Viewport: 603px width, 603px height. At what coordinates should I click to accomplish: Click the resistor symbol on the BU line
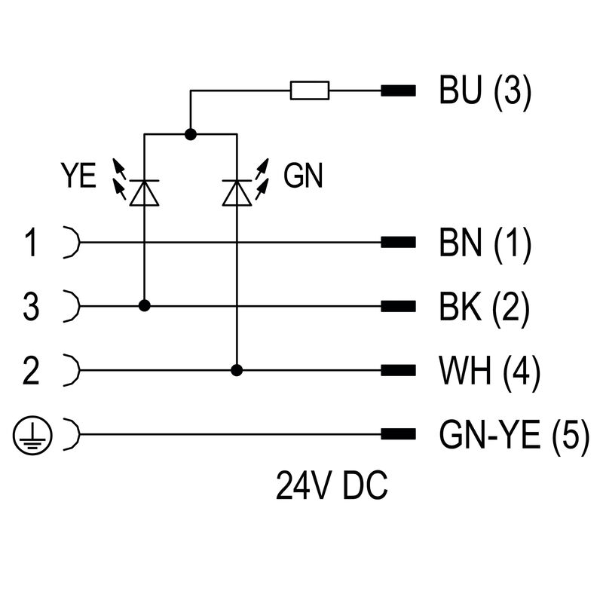coord(310,91)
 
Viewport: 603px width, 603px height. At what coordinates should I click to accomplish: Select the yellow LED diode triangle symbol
coord(143,193)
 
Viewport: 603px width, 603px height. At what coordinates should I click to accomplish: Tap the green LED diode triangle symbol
coord(237,193)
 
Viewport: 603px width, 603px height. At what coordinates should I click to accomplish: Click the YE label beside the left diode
coord(78,177)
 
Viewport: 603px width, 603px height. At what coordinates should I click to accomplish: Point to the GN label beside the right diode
coord(303,177)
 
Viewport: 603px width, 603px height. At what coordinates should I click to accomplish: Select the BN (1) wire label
coord(485,243)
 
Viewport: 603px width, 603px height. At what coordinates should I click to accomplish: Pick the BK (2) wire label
coord(485,307)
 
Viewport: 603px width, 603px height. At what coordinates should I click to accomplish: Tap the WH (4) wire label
coord(488,371)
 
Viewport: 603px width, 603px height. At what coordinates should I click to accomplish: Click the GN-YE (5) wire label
coord(513,435)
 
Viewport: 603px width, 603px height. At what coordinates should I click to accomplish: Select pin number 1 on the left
coord(31,243)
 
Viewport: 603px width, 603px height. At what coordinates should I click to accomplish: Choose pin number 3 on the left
coord(31,307)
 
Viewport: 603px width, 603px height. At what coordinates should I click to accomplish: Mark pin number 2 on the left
coord(31,371)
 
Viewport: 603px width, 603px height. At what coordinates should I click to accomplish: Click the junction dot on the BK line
coord(143,306)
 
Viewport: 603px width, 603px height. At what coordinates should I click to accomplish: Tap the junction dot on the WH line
coord(237,370)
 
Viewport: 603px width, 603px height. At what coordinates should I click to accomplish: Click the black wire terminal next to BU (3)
coord(399,92)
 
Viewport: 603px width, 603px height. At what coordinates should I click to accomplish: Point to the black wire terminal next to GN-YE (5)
coord(399,435)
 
